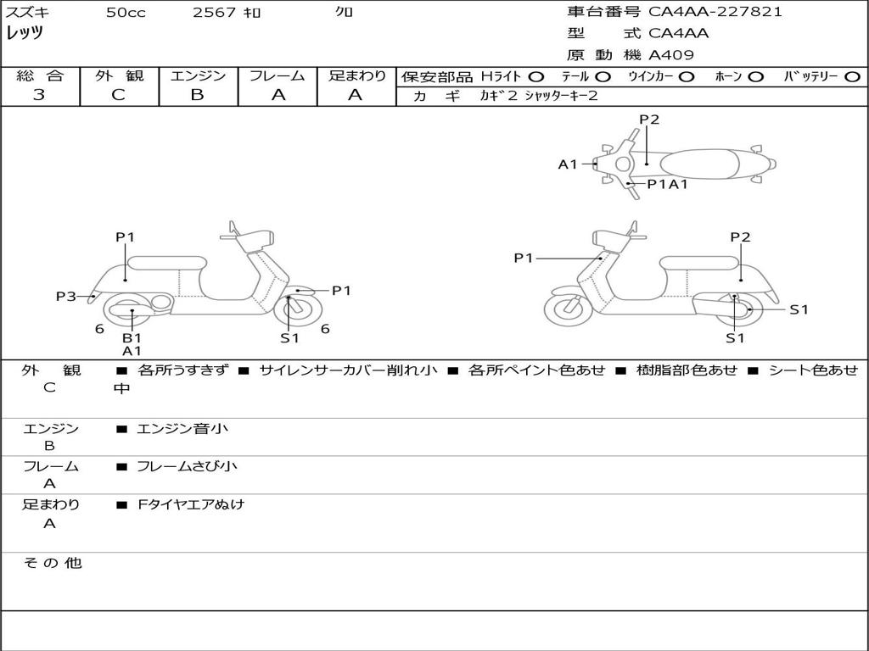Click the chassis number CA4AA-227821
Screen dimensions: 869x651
pos(715,12)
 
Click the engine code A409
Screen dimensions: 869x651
pos(671,55)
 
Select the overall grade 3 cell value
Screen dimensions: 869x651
pos(39,95)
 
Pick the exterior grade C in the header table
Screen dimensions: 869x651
pos(119,95)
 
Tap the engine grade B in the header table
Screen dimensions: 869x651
pos(197,95)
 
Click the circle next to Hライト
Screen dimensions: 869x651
pos(536,77)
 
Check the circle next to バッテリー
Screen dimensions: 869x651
pos(852,77)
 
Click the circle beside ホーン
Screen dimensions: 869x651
pos(755,77)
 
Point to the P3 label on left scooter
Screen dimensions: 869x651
pos(66,296)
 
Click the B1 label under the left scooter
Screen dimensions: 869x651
pos(132,337)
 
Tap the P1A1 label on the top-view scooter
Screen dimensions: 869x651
pos(668,184)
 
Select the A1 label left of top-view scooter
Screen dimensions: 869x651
pos(568,164)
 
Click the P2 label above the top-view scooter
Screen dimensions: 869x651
pos(649,120)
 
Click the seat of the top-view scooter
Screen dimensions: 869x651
pos(699,164)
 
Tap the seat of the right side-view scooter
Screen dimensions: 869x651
pos(699,263)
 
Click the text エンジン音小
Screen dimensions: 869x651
pos(182,428)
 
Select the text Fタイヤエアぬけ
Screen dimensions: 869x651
pos(191,504)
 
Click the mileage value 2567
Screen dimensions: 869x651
pos(214,12)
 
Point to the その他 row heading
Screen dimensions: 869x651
pos(53,563)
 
